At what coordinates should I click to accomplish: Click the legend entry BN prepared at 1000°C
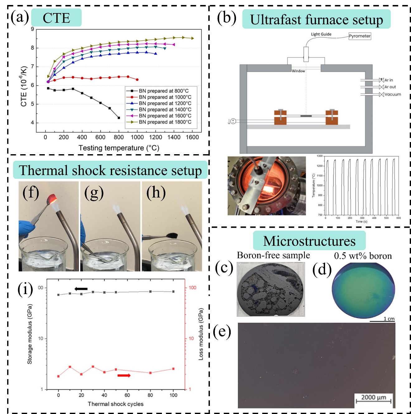tap(165, 97)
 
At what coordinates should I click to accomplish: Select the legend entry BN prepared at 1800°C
tap(165, 122)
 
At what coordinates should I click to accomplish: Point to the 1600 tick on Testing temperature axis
tap(192, 137)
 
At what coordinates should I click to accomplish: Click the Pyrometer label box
tap(360, 36)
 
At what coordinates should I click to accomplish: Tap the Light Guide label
tap(321, 34)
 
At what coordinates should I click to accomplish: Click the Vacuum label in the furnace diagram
tap(393, 94)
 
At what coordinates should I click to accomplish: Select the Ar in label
tap(389, 80)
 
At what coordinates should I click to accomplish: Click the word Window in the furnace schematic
tap(298, 71)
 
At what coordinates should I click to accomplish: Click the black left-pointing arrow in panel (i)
tap(81, 289)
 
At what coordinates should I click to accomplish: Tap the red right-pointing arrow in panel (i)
tap(124, 375)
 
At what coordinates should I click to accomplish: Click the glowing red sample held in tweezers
tap(52, 198)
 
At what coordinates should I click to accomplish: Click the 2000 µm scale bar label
tap(374, 397)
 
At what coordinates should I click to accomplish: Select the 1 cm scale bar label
tap(389, 319)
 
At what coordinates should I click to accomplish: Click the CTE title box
tap(56, 18)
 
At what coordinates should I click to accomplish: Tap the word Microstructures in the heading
tap(309, 241)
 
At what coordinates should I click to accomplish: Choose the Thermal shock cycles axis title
tap(116, 404)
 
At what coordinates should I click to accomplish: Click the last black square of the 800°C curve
tap(119, 118)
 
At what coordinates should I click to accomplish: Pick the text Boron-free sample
tap(273, 255)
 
